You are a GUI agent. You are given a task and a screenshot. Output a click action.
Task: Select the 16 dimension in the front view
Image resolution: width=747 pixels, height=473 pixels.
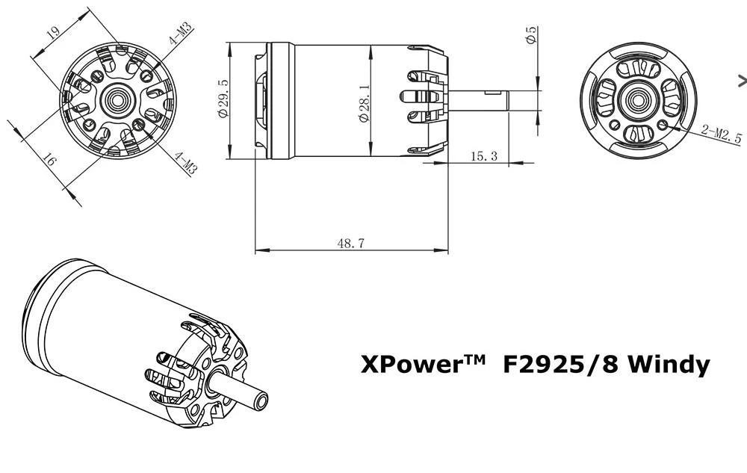(x=50, y=160)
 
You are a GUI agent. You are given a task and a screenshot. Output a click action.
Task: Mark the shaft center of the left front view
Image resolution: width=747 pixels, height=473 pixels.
(x=116, y=99)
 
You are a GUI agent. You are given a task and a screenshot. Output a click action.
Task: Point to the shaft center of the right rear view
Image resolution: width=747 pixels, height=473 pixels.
(x=637, y=99)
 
